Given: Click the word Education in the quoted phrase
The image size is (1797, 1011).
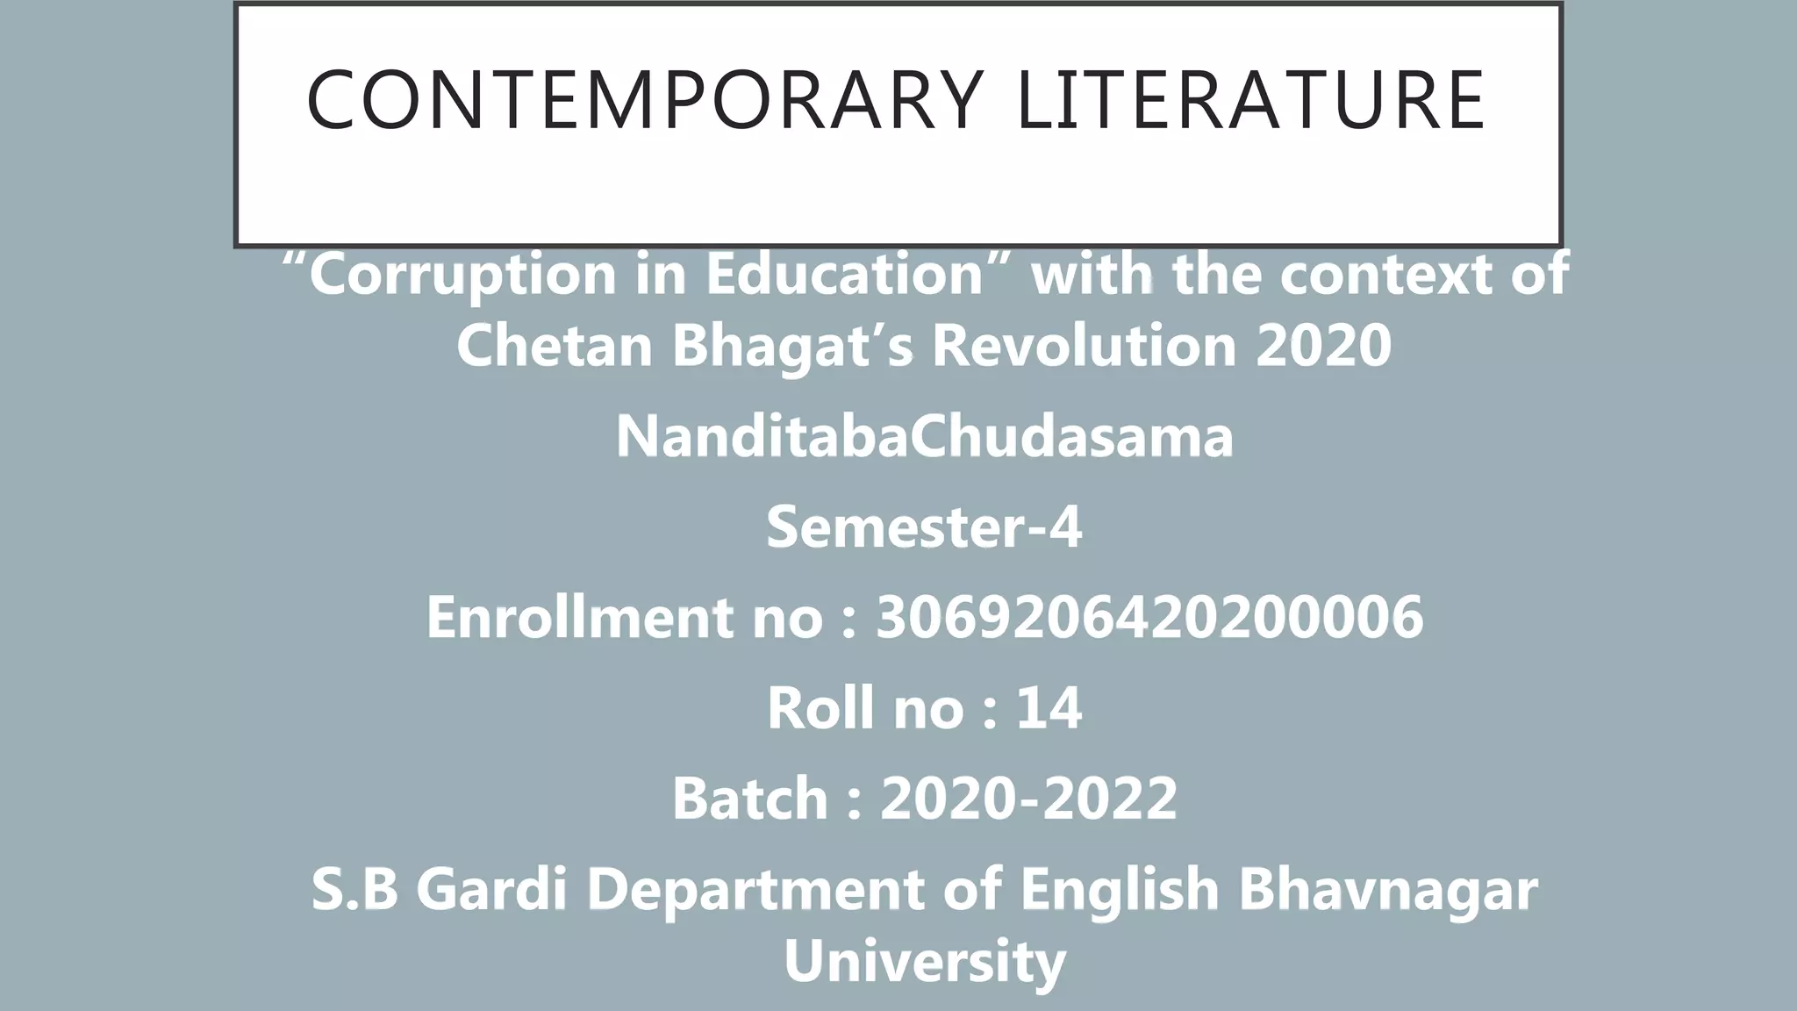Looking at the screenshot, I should [843, 274].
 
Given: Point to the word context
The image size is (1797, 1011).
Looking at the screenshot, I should [1386, 274].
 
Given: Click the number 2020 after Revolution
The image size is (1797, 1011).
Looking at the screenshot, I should [1324, 345].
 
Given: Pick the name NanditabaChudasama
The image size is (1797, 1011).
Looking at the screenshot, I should [924, 436].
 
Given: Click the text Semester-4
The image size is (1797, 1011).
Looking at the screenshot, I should [924, 527].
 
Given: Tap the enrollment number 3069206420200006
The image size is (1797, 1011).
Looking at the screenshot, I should [1149, 616].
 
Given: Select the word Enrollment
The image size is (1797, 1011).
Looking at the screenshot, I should [580, 616].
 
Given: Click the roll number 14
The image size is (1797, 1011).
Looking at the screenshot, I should [1049, 707].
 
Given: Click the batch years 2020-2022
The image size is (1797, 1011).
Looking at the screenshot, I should [1028, 798].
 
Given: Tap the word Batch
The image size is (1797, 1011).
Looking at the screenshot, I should [750, 798].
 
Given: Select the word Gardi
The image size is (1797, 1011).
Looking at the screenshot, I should [492, 889].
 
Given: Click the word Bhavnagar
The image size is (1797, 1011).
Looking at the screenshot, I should [1387, 889].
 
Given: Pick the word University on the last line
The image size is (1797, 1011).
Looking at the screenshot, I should [924, 961].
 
